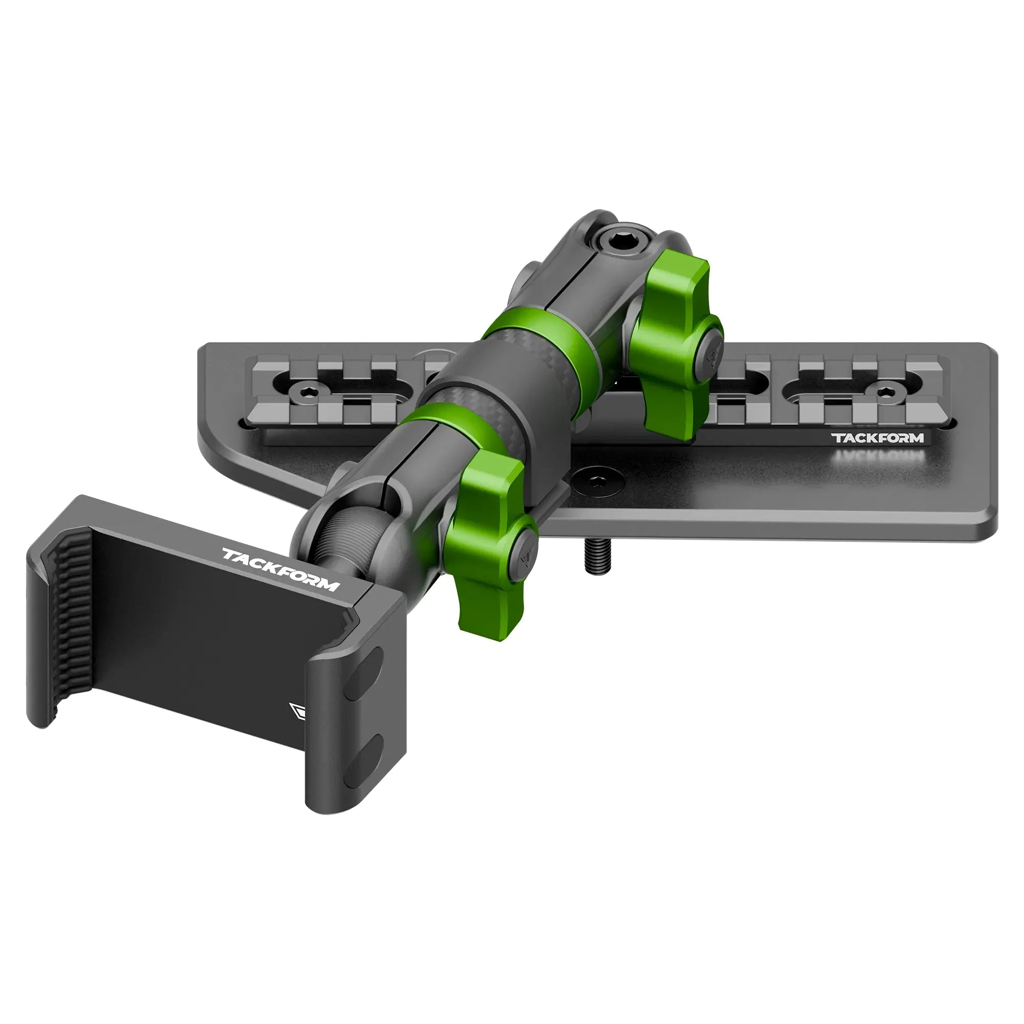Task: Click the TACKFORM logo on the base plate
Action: point(877,438)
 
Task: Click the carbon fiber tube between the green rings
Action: point(501,392)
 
